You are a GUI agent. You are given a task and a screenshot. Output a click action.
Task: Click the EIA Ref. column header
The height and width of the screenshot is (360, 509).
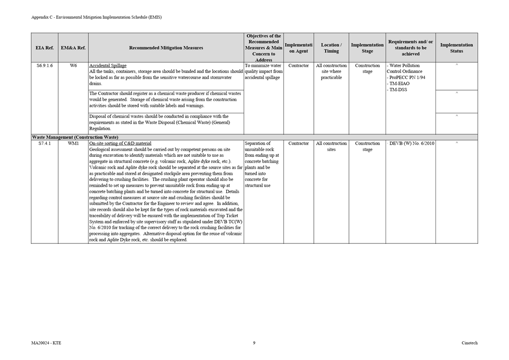coord(44,48)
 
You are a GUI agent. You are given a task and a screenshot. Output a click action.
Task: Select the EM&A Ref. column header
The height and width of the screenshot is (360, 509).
coord(73,48)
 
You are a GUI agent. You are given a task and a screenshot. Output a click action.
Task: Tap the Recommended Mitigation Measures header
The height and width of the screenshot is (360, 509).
coord(166,48)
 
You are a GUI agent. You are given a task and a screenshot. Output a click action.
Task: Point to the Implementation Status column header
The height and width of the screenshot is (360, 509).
coord(456,48)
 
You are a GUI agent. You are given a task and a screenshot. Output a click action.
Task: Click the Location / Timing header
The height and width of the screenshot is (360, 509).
coord(331,48)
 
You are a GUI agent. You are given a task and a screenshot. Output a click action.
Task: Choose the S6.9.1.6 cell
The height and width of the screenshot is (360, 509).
coord(44,66)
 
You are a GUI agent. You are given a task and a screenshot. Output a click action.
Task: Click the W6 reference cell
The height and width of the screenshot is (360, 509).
coord(73,66)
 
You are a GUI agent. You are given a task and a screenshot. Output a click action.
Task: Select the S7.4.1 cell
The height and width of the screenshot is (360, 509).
coord(44,144)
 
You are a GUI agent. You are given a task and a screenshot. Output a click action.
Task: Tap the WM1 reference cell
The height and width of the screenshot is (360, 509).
coord(73,144)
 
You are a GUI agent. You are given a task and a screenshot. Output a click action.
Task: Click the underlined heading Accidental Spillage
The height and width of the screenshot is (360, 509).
coord(108,66)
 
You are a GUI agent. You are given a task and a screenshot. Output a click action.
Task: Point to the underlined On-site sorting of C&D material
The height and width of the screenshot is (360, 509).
coord(120,144)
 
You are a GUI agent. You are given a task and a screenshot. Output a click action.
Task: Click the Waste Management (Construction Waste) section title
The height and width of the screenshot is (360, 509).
coord(75,137)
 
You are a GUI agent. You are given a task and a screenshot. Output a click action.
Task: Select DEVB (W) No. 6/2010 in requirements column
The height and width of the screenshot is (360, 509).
coord(411,144)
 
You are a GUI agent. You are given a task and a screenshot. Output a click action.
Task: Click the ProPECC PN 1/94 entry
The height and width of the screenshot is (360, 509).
coord(407,78)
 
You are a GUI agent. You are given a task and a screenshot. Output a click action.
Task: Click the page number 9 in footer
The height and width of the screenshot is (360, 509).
coord(254,343)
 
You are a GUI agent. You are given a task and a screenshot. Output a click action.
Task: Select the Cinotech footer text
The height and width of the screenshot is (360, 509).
coord(470,343)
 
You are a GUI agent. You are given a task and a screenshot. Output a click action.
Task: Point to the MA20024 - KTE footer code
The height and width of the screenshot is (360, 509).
coord(46,343)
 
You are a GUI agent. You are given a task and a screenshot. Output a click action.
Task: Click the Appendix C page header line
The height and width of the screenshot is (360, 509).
coord(96,17)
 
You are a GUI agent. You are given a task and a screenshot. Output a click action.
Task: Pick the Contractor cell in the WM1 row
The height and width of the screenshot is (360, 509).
coord(299,144)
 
